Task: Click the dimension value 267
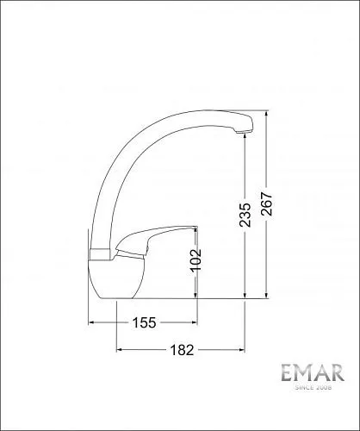tap(267, 203)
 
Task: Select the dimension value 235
tap(245, 215)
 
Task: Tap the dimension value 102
tap(196, 259)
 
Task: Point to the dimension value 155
tap(144, 322)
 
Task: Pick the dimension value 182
tap(182, 350)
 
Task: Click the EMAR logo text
tap(313, 372)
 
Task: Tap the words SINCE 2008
tap(313, 388)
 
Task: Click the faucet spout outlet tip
tap(243, 132)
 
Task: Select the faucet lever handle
tap(157, 239)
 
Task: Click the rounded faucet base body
tap(115, 279)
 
